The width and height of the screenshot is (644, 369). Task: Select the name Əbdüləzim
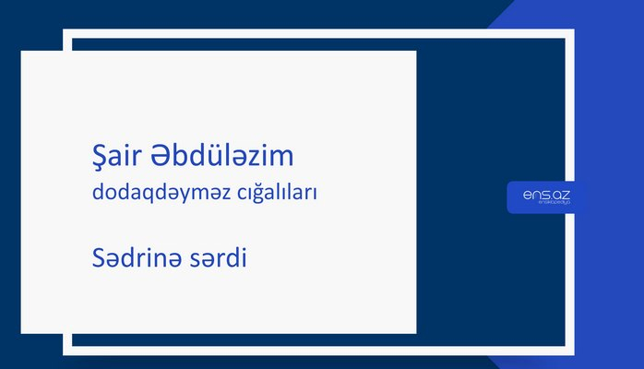(x=218, y=156)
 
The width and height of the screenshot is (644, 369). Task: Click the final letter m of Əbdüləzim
(x=282, y=157)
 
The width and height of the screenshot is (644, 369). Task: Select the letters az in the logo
(x=563, y=195)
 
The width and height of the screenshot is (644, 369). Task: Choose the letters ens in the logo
(x=533, y=195)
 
